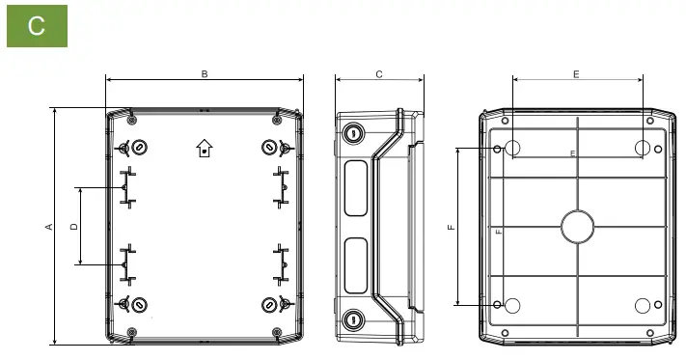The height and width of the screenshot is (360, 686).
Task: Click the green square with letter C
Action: (38, 26)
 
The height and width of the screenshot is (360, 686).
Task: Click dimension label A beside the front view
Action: (49, 227)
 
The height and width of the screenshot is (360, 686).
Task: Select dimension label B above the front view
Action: (205, 74)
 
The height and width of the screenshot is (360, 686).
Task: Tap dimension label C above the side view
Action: (379, 74)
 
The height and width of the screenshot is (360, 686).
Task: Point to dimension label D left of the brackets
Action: (74, 226)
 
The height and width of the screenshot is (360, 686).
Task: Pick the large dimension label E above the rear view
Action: (576, 74)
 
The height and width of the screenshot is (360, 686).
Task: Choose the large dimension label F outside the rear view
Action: (452, 227)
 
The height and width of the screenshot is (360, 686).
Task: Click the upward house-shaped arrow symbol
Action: (205, 149)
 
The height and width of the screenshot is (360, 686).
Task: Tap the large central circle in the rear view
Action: (578, 227)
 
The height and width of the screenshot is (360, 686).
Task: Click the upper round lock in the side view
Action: (352, 132)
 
